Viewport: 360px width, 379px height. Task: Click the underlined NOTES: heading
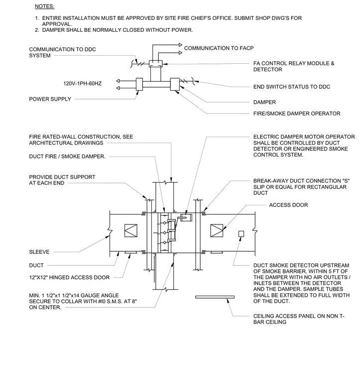tap(45, 6)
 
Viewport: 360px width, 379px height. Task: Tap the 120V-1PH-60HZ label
tap(83, 84)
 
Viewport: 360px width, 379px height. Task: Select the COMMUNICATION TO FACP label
tap(219, 48)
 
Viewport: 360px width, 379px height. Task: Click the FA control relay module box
tap(156, 64)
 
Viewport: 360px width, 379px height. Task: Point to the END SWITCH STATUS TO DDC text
tap(292, 87)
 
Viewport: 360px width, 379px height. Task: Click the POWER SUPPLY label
tap(50, 99)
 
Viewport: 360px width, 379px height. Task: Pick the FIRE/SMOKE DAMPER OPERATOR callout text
tap(297, 114)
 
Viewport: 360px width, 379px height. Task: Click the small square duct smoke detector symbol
tap(241, 234)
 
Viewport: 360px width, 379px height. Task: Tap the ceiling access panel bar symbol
tap(215, 297)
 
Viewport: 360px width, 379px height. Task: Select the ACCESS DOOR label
tap(289, 205)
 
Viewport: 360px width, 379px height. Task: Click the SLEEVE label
tap(39, 252)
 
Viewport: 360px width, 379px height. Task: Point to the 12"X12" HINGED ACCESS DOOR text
tap(70, 277)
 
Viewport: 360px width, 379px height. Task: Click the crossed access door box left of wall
tap(131, 230)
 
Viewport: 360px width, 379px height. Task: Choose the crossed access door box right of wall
tap(217, 230)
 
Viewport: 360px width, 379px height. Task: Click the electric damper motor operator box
tap(186, 217)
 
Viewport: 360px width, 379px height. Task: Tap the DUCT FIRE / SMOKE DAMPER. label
tap(67, 157)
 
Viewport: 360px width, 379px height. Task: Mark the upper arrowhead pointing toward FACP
tap(180, 45)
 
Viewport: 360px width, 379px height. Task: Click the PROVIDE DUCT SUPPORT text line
tap(62, 177)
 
